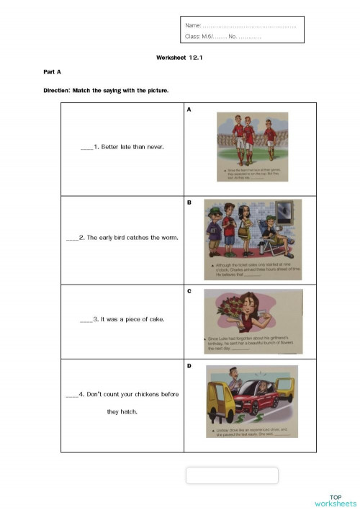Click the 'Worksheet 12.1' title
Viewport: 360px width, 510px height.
179,57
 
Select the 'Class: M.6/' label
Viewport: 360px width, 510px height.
198,36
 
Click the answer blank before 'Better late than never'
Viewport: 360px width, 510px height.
86,148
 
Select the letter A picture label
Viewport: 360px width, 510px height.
189,109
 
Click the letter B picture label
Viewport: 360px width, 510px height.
189,202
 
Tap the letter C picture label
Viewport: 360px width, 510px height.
189,292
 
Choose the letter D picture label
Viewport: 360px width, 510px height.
189,366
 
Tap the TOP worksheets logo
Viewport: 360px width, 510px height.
335,500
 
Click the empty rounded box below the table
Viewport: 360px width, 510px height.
232,475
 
